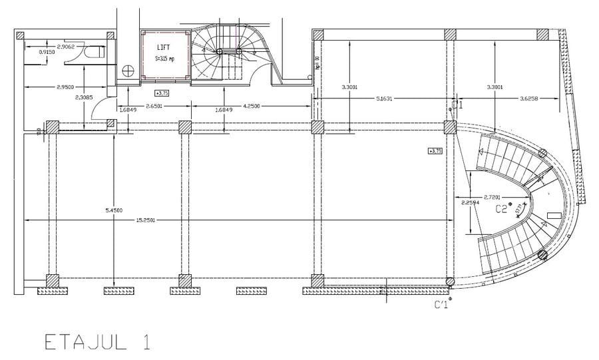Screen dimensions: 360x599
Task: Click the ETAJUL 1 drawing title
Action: coord(97,342)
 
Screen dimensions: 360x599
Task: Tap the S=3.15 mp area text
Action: coord(164,59)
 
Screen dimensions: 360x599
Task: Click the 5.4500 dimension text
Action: coord(114,210)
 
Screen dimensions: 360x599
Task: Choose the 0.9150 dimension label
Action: coord(47,52)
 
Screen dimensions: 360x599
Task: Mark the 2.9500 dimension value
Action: coord(65,87)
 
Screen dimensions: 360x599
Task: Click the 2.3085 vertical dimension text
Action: coord(84,97)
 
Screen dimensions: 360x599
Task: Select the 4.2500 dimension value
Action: coord(252,106)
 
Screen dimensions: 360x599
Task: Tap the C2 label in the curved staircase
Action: coord(502,209)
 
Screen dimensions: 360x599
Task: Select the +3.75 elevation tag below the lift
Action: coord(162,93)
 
